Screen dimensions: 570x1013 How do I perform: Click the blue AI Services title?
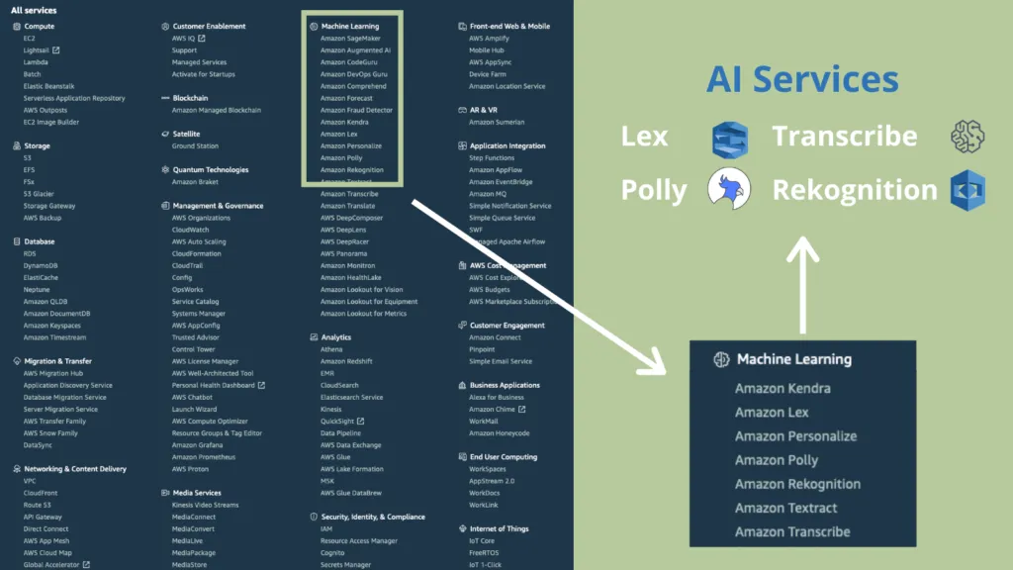[802, 80]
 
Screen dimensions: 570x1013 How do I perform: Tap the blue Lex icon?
[730, 140]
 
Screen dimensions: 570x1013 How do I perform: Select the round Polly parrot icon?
[730, 188]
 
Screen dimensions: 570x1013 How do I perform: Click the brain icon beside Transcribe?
[967, 138]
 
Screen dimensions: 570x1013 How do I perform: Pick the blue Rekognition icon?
[967, 189]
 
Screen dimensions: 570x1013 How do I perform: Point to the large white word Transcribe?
[845, 137]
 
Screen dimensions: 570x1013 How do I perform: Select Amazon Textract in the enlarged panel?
[785, 508]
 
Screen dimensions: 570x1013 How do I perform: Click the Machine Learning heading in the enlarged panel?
[793, 359]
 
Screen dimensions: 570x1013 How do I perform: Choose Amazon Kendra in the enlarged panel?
[783, 389]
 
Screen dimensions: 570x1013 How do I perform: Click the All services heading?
[34, 10]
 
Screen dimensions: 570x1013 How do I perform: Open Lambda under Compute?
[36, 62]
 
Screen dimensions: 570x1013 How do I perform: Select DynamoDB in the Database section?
[41, 265]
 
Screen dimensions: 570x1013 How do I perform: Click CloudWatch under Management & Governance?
[189, 230]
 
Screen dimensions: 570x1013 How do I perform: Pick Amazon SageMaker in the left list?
[350, 38]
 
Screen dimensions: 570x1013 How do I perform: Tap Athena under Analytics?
[331, 349]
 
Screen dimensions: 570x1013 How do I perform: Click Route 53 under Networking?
[37, 505]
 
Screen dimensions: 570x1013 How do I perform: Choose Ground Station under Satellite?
[195, 145]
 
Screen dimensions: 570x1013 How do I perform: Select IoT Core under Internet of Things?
[482, 540]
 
